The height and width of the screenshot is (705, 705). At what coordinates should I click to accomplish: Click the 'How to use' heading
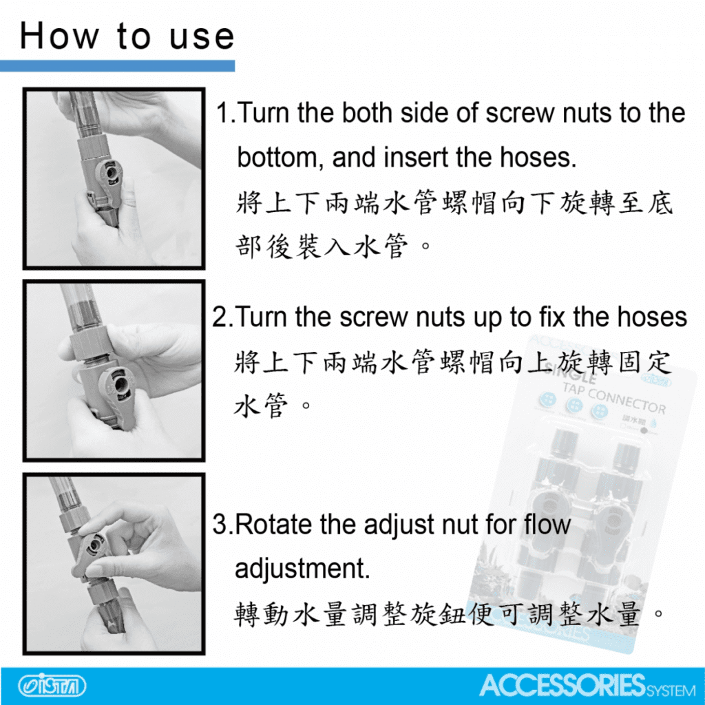tap(127, 36)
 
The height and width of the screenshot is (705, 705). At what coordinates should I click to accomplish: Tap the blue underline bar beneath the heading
tap(117, 65)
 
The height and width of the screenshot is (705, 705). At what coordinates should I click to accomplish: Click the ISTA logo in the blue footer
tap(52, 686)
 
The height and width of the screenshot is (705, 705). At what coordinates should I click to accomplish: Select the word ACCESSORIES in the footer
tap(562, 685)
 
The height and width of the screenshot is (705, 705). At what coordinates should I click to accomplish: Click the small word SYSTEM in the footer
tap(671, 690)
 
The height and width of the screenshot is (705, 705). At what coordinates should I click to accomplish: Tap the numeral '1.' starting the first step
tap(226, 112)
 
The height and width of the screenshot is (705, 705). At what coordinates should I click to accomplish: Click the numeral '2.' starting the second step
tap(222, 317)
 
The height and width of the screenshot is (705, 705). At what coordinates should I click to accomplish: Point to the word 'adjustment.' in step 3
tap(302, 569)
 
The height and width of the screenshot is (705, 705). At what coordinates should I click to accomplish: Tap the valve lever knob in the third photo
tap(93, 546)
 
